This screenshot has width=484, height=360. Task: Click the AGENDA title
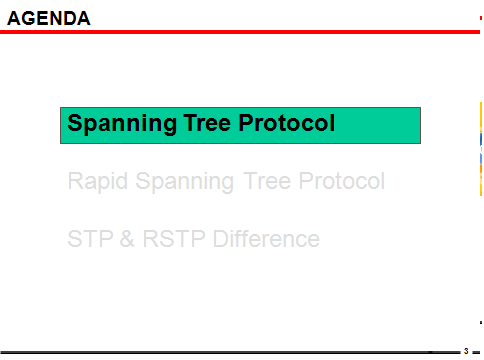point(49,18)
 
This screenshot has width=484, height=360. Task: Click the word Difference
point(266,240)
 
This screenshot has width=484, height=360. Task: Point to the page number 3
point(466,351)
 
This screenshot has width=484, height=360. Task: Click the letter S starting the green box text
point(74,124)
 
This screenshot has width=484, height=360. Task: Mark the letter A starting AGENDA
point(13,18)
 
